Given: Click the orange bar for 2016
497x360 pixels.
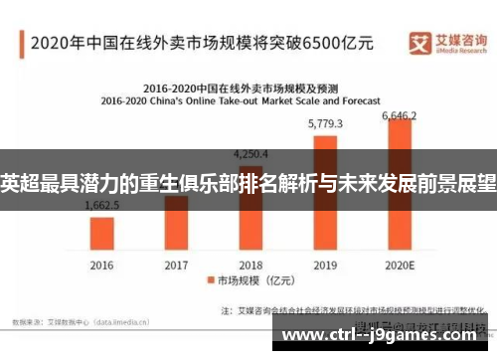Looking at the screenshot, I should point(103,232).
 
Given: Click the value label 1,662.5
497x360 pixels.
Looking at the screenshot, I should point(103,206).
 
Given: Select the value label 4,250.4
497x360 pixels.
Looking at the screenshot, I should point(250,154).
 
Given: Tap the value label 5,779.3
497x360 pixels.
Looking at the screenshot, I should point(325,124).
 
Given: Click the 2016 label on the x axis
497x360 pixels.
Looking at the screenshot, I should point(103,265).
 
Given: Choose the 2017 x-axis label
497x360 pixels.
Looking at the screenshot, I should point(177,265).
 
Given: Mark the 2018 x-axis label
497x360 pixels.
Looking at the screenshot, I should point(250,265).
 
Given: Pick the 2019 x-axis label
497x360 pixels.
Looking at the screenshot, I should point(325,265).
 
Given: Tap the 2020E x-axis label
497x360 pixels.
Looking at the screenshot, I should point(400,265).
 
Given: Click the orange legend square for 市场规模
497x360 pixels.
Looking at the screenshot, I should point(211,280).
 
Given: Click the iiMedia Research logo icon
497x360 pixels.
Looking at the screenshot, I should point(418,41).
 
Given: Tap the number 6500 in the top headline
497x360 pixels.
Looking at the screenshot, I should point(319,43).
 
